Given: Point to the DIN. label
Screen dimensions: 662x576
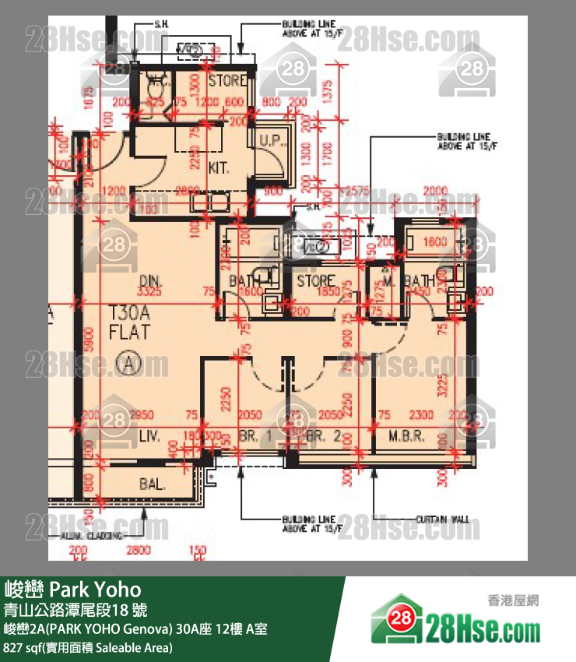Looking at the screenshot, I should click(149, 280).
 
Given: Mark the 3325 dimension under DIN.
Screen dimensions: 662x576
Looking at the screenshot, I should click(150, 292).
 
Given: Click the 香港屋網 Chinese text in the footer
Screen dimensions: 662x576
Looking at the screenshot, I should click(513, 600).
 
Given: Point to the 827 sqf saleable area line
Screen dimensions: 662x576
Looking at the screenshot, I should click(88, 647).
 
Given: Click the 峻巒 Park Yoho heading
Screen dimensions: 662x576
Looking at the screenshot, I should click(73, 588).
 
